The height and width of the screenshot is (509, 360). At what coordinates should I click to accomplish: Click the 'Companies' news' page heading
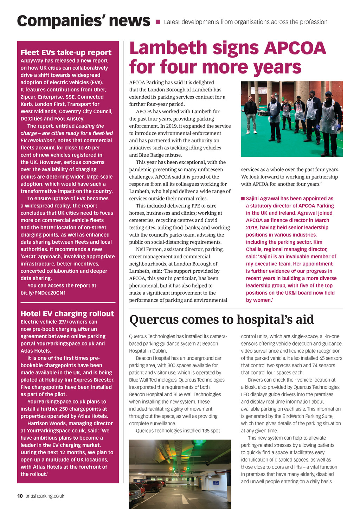coord(83,21)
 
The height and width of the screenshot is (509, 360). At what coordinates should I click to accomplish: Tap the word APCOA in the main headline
coord(295,48)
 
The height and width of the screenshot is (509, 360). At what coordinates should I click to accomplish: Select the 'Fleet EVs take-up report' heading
coord(66,53)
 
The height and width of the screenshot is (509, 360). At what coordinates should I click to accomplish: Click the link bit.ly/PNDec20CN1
coord(43,293)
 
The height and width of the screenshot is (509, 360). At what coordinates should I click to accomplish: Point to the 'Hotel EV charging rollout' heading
coord(67,314)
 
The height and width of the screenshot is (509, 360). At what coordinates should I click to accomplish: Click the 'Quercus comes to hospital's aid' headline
coord(221,320)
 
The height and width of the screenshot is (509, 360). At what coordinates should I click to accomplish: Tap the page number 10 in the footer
coord(20,496)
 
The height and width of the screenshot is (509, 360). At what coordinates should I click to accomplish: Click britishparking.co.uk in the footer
coord(45,496)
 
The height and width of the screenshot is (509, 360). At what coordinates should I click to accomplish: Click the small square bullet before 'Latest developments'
coord(158,22)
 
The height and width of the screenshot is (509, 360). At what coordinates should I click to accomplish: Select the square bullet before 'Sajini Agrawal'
coord(243,199)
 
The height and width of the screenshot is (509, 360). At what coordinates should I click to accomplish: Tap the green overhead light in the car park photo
coord(201,444)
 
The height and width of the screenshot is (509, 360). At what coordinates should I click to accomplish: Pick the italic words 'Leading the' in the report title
coord(90,126)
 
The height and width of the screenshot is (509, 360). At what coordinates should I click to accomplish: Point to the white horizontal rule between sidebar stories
coord(68,303)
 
